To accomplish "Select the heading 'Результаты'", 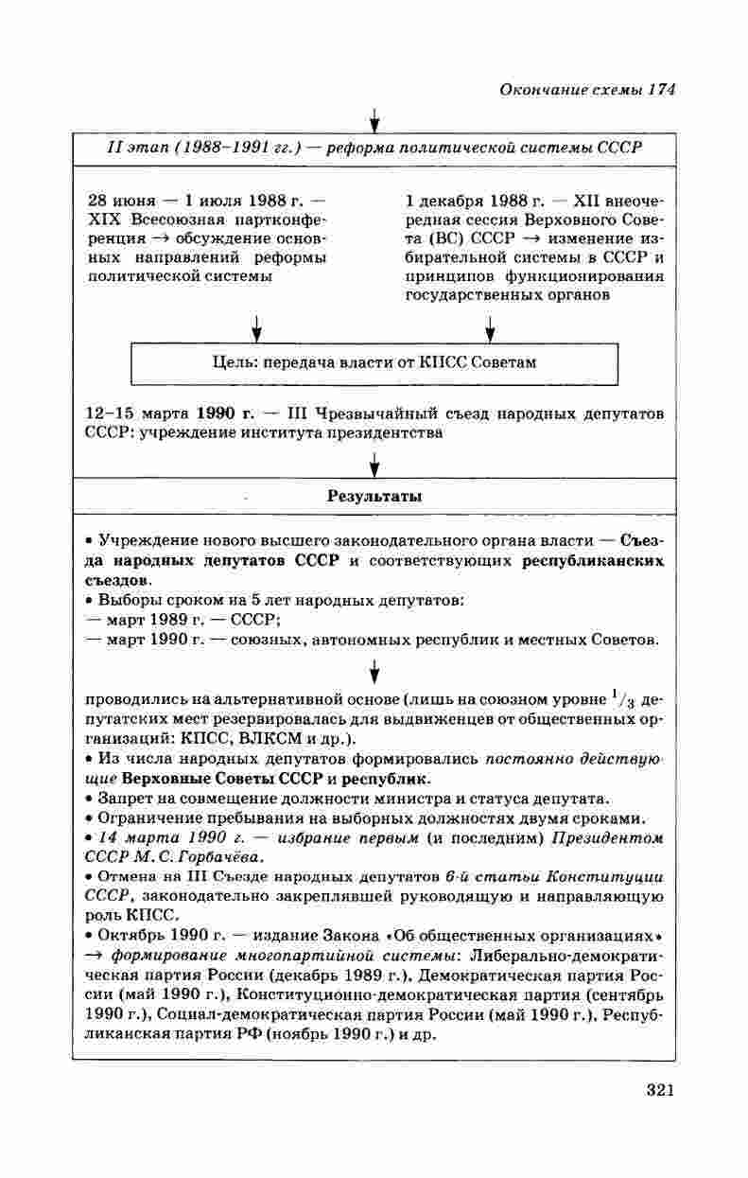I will coord(374,496).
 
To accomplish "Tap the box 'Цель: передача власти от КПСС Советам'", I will coord(374,362).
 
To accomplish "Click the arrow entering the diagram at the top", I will coord(374,121).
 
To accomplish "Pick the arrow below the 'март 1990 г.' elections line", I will coord(374,672).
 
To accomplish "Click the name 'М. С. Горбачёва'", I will coord(200,857).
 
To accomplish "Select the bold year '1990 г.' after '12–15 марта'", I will coord(219,413).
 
